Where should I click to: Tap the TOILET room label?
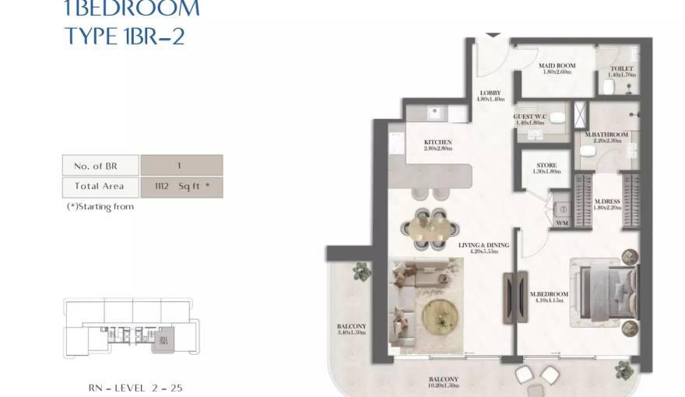pyautogui.click(x=622, y=69)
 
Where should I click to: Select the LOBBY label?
pyautogui.click(x=490, y=93)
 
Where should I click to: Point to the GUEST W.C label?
pyautogui.click(x=530, y=117)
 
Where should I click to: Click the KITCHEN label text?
pyautogui.click(x=437, y=142)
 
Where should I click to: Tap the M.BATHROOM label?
pyautogui.click(x=606, y=135)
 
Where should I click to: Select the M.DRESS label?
pyautogui.click(x=606, y=202)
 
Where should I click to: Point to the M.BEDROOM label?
pyautogui.click(x=549, y=294)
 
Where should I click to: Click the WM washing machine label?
pyautogui.click(x=561, y=224)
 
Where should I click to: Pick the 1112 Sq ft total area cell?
pyautogui.click(x=181, y=187)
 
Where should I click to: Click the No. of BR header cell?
pyautogui.click(x=100, y=165)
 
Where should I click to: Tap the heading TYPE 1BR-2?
pyautogui.click(x=125, y=37)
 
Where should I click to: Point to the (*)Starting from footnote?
pyautogui.click(x=100, y=207)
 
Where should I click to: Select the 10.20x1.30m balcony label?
pyautogui.click(x=441, y=384)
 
